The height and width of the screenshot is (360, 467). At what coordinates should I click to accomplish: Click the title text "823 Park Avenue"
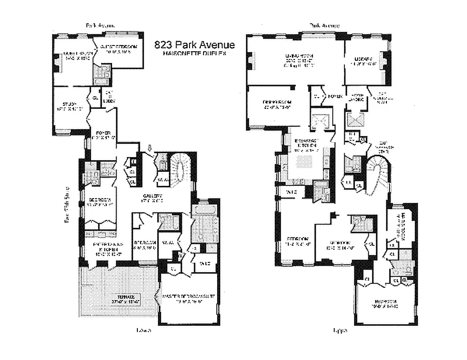coord(194,45)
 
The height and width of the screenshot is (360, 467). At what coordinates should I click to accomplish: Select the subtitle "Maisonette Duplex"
coord(194,53)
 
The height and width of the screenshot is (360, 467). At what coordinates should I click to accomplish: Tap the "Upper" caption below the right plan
coord(338,330)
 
